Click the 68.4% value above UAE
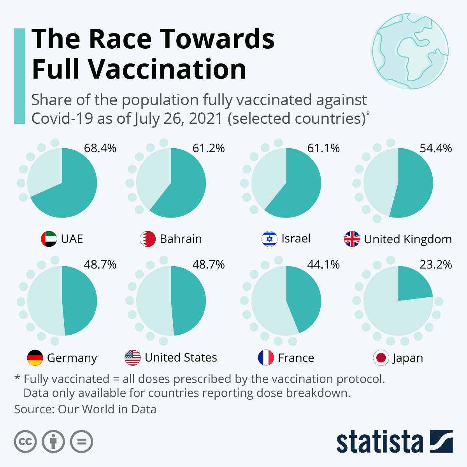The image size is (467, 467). [x=100, y=148]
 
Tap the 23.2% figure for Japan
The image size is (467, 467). [x=435, y=265]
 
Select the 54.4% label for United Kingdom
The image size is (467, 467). [x=435, y=148]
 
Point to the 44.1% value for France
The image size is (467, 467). [x=323, y=265]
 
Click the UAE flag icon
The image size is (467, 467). [x=49, y=239]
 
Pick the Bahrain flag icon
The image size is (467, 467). [x=147, y=239]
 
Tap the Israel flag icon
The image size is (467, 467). [x=269, y=239]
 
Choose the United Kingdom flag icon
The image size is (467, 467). [x=352, y=239]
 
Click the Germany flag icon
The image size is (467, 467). [x=35, y=358]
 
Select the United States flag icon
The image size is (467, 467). [x=133, y=358]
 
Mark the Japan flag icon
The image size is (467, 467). [x=381, y=358]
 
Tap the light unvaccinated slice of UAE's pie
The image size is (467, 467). [x=43, y=171]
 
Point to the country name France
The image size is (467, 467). [x=296, y=358]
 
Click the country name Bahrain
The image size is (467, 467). [x=181, y=239]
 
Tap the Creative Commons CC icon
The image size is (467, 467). [x=25, y=442]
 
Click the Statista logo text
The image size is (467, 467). [x=379, y=442]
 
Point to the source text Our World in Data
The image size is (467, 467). [x=107, y=409]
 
